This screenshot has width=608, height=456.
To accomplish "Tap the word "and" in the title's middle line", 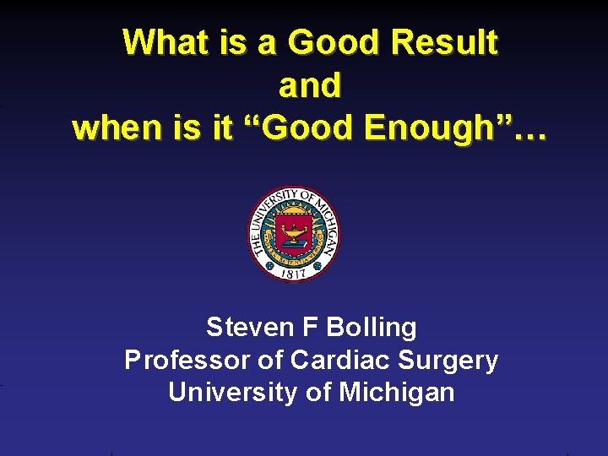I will point(310,85).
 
